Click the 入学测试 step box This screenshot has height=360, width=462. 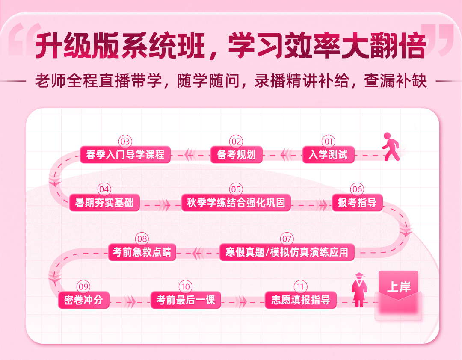328,154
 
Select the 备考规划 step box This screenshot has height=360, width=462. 236,154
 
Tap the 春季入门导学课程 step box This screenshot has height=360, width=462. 125,154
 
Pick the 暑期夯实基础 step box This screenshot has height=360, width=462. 104,202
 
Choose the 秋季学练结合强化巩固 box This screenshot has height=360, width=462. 236,202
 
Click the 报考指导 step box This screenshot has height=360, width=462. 357,202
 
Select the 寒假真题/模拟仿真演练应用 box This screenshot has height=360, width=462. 287,252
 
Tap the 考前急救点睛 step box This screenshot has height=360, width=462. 142,252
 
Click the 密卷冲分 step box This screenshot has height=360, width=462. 84,300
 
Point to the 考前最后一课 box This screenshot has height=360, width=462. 186,300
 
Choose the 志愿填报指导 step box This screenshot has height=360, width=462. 301,300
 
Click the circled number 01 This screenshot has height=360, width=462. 329,142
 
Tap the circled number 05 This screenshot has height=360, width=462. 236,189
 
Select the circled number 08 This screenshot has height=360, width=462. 142,239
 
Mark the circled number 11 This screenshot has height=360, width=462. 301,286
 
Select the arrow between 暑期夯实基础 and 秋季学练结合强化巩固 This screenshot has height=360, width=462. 165,205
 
